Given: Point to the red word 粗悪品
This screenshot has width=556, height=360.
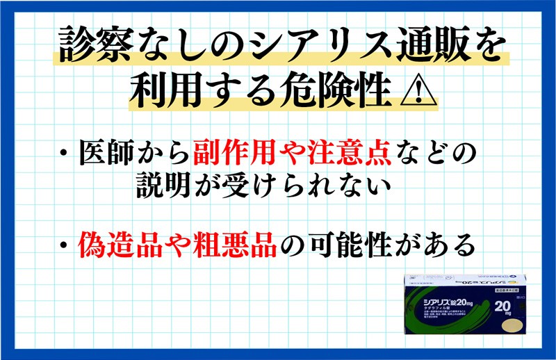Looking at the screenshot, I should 238,245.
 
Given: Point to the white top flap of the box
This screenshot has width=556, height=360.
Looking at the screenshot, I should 466,282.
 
